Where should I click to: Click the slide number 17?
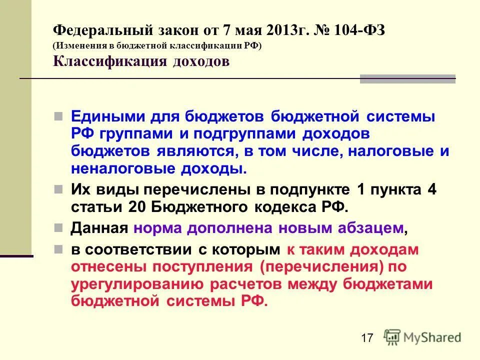[366, 338]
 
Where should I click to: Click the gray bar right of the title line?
[407, 78]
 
